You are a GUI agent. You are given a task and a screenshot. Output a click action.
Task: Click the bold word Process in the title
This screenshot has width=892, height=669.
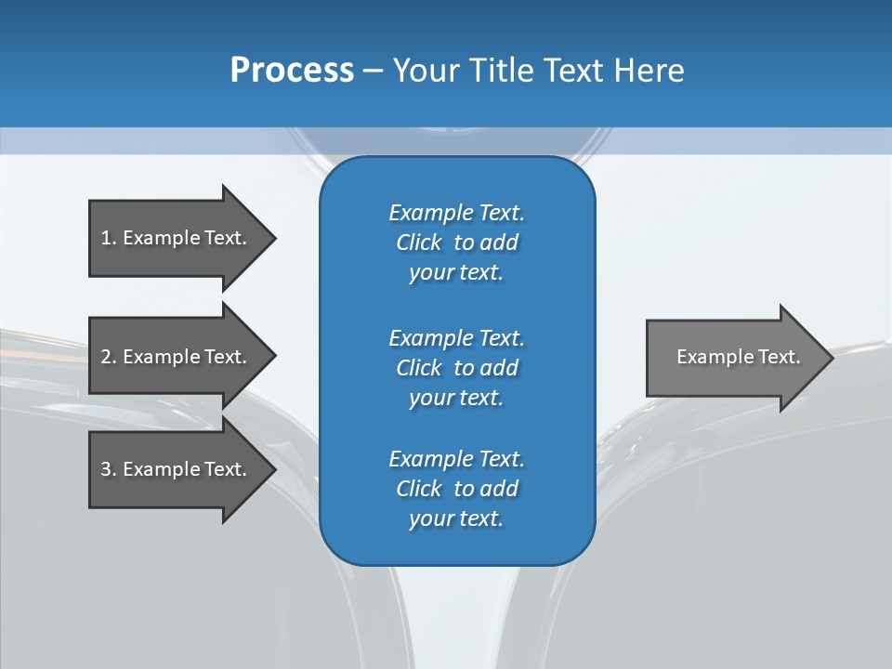pos(292,71)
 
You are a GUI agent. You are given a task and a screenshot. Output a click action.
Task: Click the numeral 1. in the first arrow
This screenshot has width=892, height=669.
pos(108,238)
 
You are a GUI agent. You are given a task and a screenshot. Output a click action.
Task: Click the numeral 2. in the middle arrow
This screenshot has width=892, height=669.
pos(108,357)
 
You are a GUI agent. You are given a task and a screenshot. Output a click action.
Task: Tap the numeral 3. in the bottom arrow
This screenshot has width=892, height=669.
pos(108,469)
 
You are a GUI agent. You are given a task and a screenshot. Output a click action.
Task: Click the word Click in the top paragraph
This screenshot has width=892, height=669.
pos(419,243)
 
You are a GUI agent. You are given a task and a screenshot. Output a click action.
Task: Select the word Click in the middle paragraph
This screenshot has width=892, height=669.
pos(419,368)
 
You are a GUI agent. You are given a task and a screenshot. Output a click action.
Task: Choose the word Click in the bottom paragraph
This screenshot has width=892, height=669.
pos(419,489)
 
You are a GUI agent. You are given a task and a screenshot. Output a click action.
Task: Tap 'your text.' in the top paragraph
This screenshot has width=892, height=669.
pos(456,272)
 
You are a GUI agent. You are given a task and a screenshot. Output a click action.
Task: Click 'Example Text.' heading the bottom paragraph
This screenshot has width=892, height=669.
pos(456,459)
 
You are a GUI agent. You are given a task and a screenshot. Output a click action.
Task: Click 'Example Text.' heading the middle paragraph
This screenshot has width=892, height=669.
pos(456,338)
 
